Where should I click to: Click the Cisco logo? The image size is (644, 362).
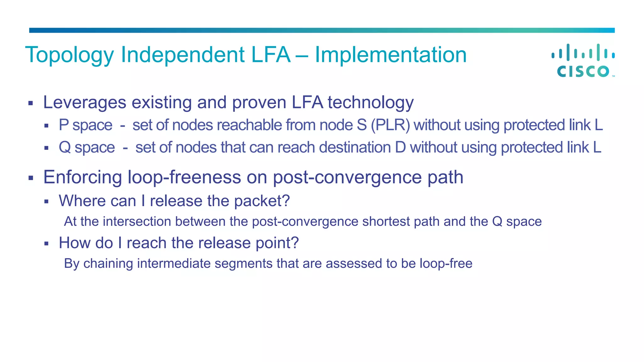point(583,61)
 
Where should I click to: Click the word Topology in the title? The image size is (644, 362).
point(69,55)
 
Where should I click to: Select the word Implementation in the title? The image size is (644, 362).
point(391,55)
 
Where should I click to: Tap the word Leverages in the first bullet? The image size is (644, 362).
point(85,102)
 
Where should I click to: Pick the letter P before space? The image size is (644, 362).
point(64,125)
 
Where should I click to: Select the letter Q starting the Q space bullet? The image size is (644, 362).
point(65,147)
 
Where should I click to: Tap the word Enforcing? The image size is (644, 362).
point(82,177)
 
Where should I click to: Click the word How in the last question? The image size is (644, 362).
point(74,243)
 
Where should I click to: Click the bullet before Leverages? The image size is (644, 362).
point(31,103)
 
